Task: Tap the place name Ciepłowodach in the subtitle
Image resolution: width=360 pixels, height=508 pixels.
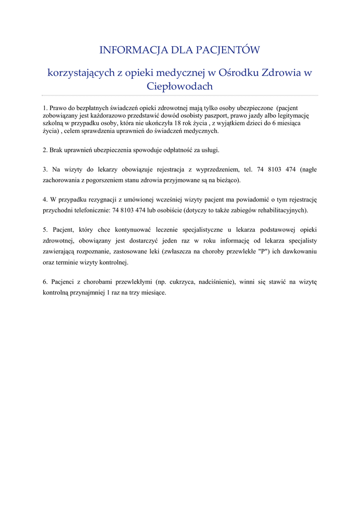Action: [180, 86]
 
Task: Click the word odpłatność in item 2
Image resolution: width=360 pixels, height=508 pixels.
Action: [177, 150]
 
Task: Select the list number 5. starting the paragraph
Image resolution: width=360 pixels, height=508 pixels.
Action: [45, 230]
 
